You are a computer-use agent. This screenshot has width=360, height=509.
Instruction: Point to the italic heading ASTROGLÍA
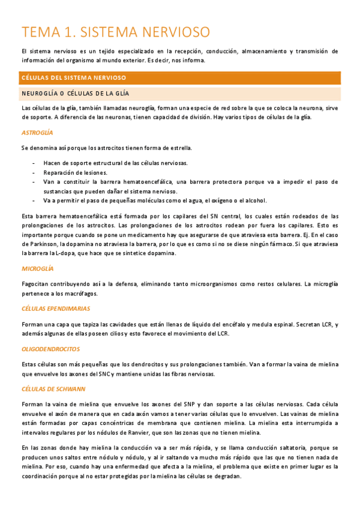pos(37,132)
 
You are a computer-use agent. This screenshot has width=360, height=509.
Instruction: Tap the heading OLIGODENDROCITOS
pos(50,349)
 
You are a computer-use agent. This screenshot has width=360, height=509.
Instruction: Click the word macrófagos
pos(79,294)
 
